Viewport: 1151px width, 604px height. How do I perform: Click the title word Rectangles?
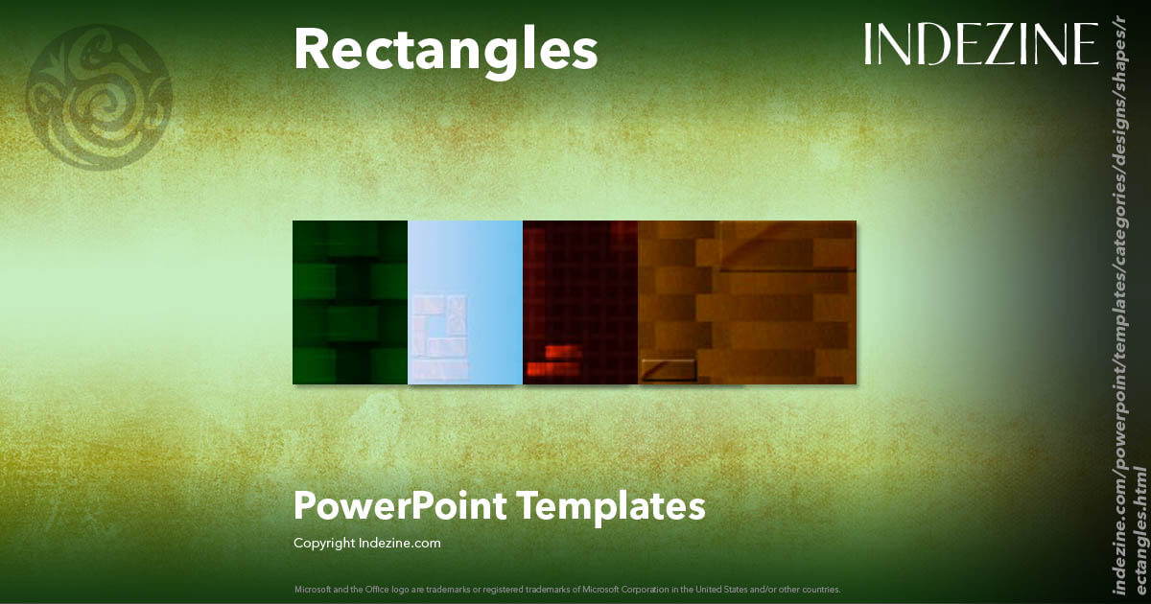(x=445, y=50)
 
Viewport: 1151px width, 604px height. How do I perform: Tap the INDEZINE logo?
(x=980, y=44)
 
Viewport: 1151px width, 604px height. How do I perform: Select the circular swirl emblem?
(x=100, y=97)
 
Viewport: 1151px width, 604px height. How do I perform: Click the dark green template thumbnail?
(x=350, y=302)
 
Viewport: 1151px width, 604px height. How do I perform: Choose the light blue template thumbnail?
(x=465, y=302)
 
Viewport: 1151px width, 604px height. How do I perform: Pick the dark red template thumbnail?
(x=580, y=302)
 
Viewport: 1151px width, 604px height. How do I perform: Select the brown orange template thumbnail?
(x=747, y=302)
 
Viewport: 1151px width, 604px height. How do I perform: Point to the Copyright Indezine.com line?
(x=366, y=543)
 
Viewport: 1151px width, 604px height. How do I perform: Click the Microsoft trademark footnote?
(x=567, y=589)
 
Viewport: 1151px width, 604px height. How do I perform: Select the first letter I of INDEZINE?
(x=867, y=44)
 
